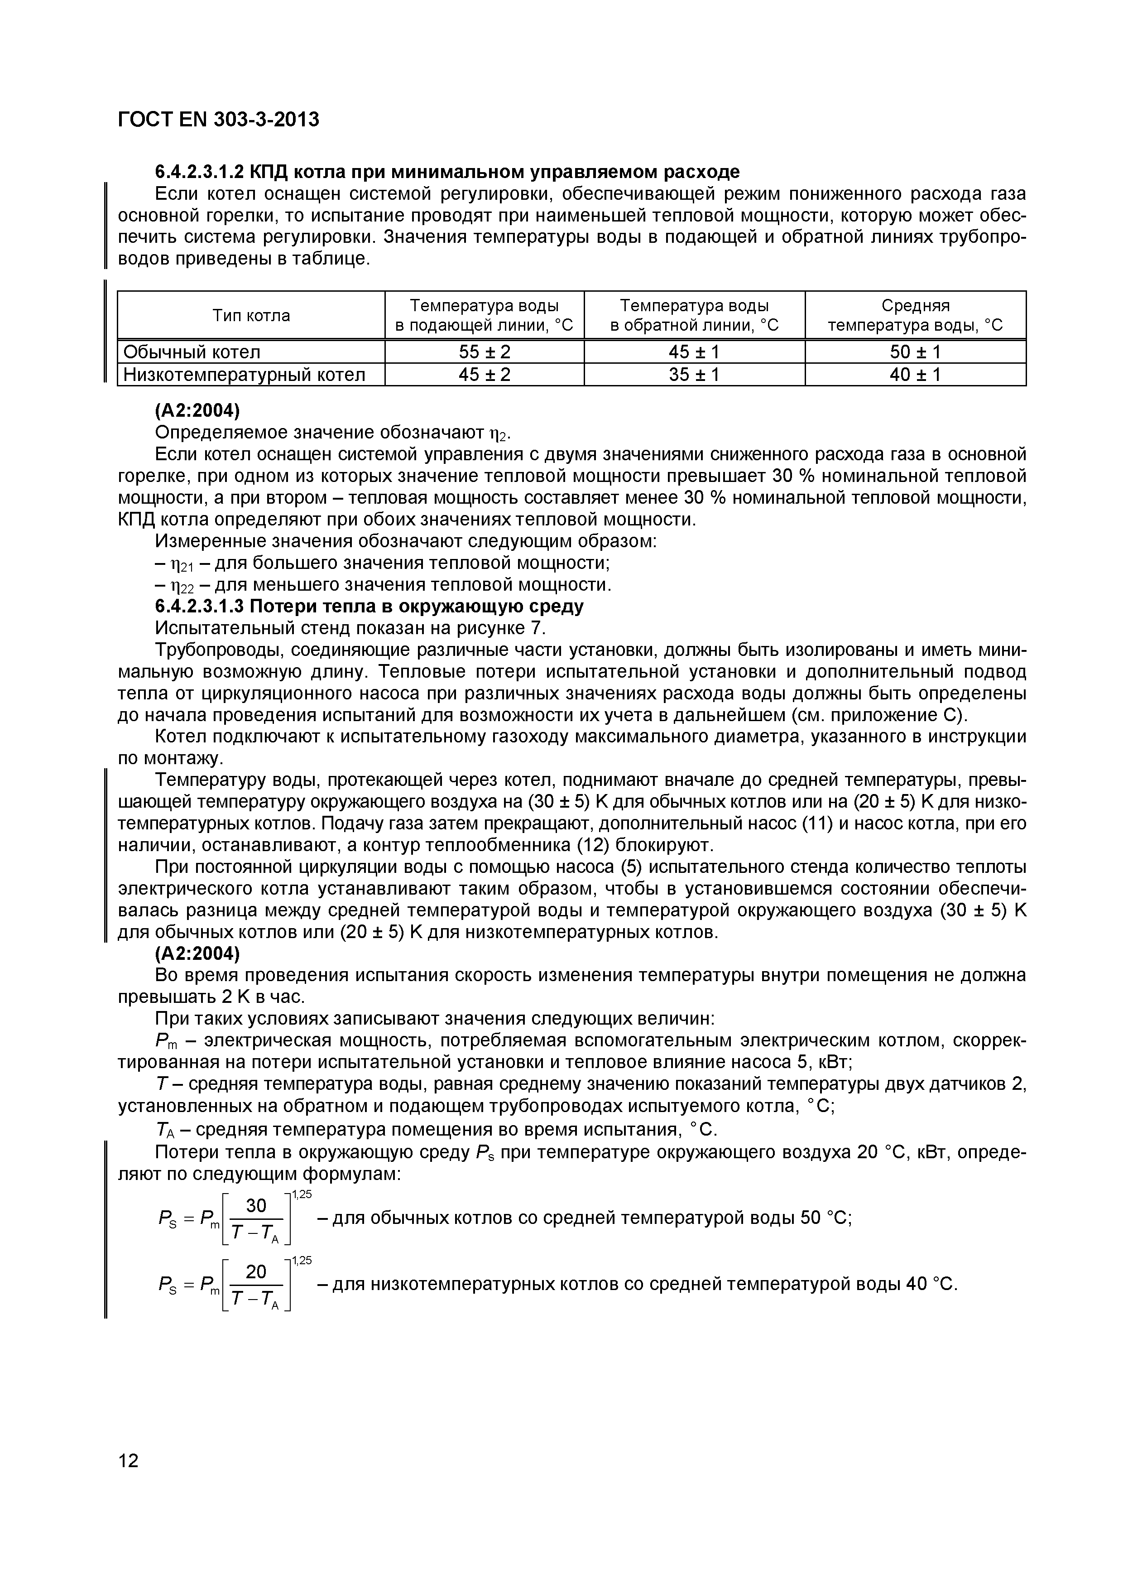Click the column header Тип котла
point(251,316)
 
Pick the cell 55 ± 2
point(485,352)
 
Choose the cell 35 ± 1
point(694,375)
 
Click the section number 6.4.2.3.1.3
point(199,607)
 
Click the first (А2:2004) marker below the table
point(197,411)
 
